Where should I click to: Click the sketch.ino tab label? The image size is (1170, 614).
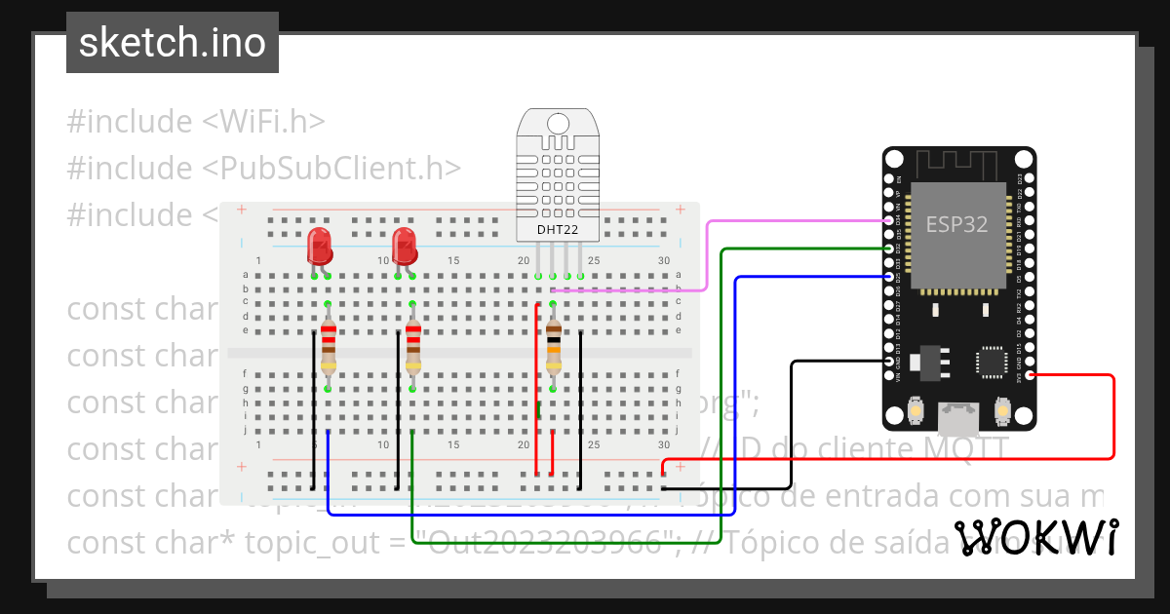pyautogui.click(x=173, y=43)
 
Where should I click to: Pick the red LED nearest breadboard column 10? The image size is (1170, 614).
pyautogui.click(x=405, y=246)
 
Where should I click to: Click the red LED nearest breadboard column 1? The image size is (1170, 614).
pyautogui.click(x=320, y=246)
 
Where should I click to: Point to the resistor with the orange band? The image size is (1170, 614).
pyautogui.click(x=554, y=346)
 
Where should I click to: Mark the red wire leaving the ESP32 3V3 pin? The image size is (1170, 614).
pyautogui.click(x=1112, y=419)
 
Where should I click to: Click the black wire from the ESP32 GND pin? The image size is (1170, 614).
pyautogui.click(x=791, y=429)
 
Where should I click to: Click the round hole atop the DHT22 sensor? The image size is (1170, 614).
pyautogui.click(x=558, y=124)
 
